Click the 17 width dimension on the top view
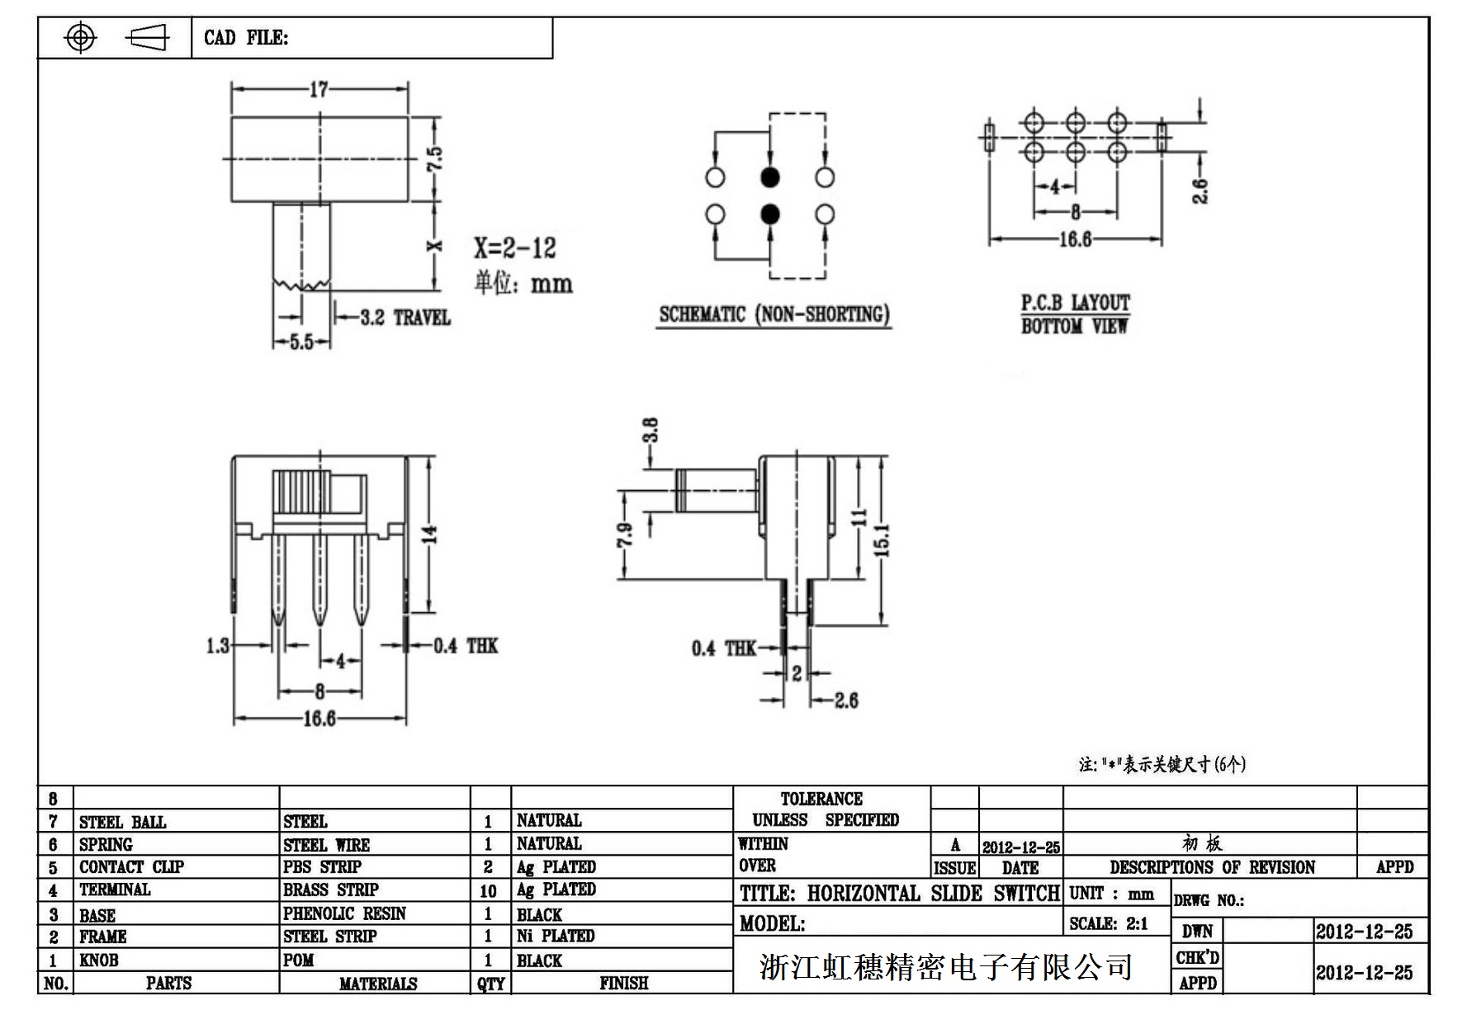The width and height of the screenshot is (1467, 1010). tap(319, 89)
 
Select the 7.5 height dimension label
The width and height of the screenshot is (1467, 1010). tap(434, 158)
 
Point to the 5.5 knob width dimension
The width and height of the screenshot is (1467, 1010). tap(302, 342)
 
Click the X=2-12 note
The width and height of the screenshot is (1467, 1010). tap(514, 248)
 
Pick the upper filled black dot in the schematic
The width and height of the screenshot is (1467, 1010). tap(769, 177)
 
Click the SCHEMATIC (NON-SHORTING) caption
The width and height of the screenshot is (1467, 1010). tap(774, 314)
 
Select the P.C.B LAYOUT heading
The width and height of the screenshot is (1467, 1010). tap(1075, 303)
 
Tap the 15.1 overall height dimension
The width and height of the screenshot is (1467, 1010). tap(882, 540)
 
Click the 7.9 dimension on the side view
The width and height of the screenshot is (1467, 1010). tap(626, 536)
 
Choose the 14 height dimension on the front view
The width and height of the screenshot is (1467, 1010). tap(429, 534)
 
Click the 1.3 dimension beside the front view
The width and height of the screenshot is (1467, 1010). tap(218, 645)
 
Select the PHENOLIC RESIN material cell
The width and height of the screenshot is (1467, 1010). tap(344, 913)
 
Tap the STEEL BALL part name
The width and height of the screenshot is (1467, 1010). tap(122, 822)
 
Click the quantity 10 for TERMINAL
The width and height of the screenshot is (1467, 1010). tap(488, 890)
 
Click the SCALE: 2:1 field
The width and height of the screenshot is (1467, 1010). tap(1108, 923)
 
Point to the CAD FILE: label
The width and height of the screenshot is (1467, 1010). tap(246, 37)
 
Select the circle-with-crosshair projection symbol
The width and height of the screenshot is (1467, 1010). tap(80, 37)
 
